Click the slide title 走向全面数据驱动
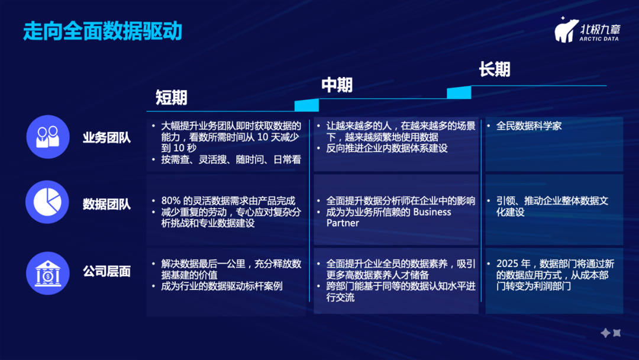[x=102, y=31]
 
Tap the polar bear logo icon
[x=566, y=30]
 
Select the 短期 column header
[x=172, y=97]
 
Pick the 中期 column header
[x=337, y=85]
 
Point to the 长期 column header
[x=494, y=70]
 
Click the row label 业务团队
[x=106, y=138]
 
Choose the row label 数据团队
[x=106, y=205]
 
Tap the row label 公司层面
[x=106, y=272]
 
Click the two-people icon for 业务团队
[x=47, y=137]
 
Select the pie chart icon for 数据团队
[x=47, y=202]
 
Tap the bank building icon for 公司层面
[x=47, y=273]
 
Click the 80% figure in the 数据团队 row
[x=170, y=201]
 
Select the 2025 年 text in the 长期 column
[x=511, y=264]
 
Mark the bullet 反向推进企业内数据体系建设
[x=387, y=149]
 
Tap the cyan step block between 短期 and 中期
[x=306, y=105]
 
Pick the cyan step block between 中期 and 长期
[x=459, y=93]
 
